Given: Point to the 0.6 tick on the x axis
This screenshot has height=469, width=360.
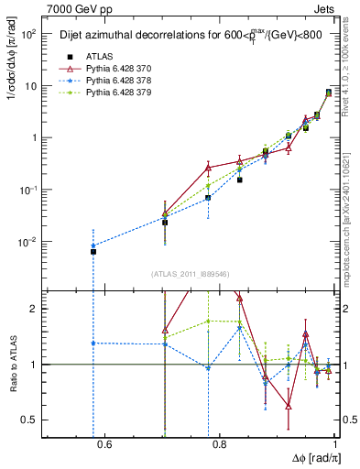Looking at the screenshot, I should pos(104,445).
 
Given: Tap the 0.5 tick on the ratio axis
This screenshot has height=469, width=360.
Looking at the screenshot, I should pos(38,420).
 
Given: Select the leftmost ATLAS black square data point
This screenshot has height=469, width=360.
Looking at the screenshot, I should pos(93,251).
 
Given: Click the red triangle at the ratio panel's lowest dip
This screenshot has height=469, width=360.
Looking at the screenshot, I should pos(289,406).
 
